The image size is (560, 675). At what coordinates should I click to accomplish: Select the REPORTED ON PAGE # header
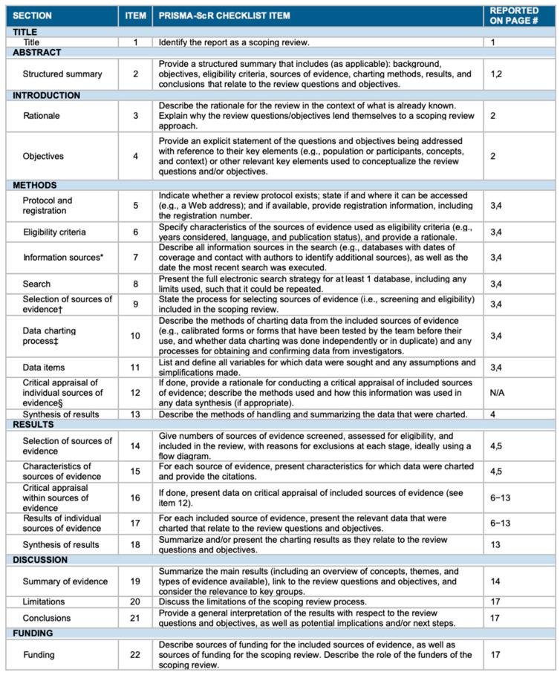tap(514, 16)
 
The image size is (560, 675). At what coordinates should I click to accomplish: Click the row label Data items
tap(45, 367)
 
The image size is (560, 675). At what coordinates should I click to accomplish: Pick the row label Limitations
tap(45, 601)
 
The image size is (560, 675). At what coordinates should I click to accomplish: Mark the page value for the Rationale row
tap(493, 115)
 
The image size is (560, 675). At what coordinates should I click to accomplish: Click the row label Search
tap(37, 284)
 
